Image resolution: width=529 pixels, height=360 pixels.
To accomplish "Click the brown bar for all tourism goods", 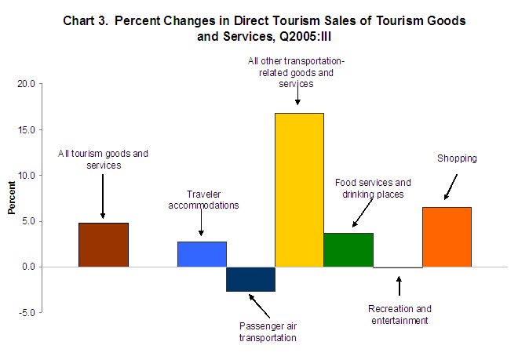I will [x=104, y=245].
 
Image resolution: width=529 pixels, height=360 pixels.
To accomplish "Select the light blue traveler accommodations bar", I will [x=202, y=254].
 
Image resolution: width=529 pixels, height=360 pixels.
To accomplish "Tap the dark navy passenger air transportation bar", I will [x=250, y=279].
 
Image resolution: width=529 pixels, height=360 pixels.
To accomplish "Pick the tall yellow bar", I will [x=299, y=190].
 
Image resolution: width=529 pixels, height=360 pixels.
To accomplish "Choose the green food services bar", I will [x=348, y=249].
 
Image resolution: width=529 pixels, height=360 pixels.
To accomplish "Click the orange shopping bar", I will [x=447, y=237].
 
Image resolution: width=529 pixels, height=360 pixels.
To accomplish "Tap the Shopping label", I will [x=457, y=158].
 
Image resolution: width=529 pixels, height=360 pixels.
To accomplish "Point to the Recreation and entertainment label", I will [x=399, y=315].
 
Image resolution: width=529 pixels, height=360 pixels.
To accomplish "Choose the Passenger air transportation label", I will [x=268, y=333].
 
